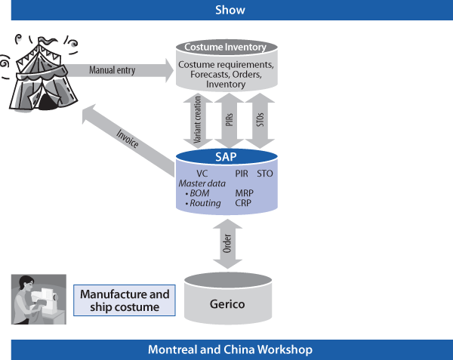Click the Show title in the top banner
click(x=230, y=10)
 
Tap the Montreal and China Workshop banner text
click(x=230, y=350)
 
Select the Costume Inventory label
click(x=226, y=47)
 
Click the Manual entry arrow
click(x=121, y=71)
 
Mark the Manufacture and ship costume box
click(x=125, y=300)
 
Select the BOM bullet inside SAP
click(x=199, y=193)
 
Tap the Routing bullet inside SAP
click(x=202, y=203)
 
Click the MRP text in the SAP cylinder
click(x=244, y=193)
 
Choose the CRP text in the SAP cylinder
click(x=243, y=203)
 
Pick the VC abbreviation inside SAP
click(x=202, y=173)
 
